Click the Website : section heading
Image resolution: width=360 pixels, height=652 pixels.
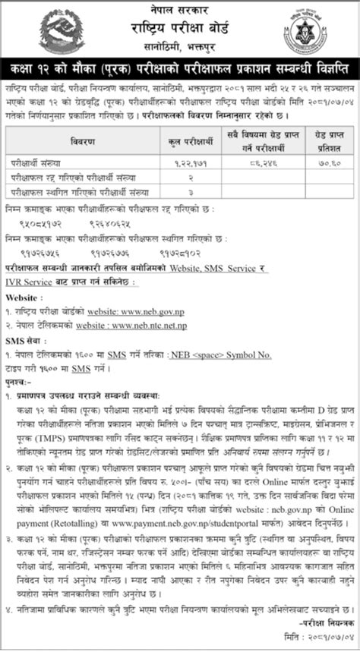pos(25,297)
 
